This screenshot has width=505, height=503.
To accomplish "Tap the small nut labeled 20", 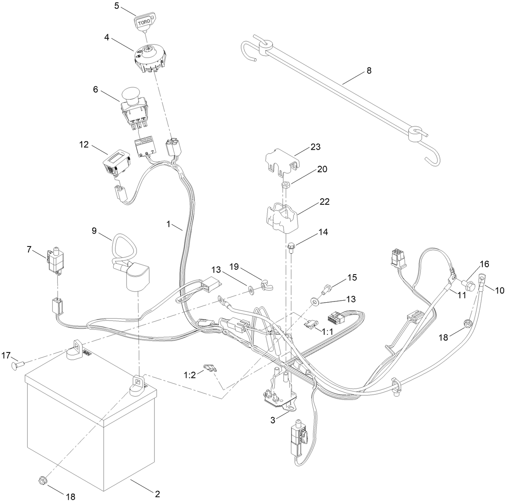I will pyautogui.click(x=285, y=185).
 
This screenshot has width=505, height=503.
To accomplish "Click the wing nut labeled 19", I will pyautogui.click(x=265, y=285).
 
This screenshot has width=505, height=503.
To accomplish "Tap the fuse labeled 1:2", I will pyautogui.click(x=210, y=368).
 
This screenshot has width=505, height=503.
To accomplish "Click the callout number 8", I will pyautogui.click(x=369, y=71).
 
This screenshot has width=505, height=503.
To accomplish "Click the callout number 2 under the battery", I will pyautogui.click(x=157, y=493).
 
